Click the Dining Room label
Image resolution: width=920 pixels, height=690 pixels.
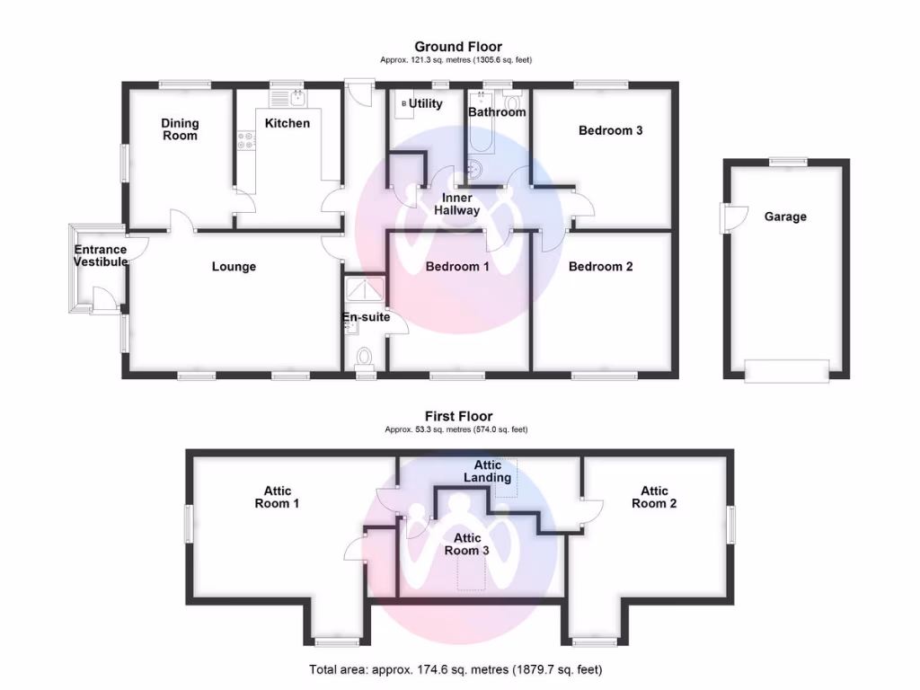tap(180, 129)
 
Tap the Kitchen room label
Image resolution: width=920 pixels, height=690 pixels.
tap(287, 123)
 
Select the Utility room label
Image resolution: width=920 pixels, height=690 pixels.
tap(426, 104)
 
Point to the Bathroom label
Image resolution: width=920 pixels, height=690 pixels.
tap(497, 112)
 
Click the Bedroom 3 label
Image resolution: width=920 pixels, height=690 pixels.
tap(610, 130)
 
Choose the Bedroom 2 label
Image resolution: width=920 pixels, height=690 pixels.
tap(601, 267)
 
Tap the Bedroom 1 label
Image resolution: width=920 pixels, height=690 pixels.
tap(457, 267)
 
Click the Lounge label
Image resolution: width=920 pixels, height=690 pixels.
tap(234, 267)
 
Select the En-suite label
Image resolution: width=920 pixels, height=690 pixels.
tap(365, 317)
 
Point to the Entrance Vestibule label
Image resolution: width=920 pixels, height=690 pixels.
tap(100, 256)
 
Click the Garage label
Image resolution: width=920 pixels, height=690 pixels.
tap(785, 217)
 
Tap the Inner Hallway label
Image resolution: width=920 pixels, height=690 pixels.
tap(456, 204)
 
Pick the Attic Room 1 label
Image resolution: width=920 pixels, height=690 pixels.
tap(277, 497)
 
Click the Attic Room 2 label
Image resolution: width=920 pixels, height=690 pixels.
tap(654, 497)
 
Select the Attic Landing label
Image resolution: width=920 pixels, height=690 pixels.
tap(488, 471)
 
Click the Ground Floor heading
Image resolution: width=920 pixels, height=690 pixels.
tap(458, 47)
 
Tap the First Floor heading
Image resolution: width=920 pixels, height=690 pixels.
tap(458, 416)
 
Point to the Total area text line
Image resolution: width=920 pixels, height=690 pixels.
tap(456, 669)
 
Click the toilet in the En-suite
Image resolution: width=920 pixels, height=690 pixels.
tap(365, 359)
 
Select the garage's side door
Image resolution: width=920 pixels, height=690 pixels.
tap(735, 217)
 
